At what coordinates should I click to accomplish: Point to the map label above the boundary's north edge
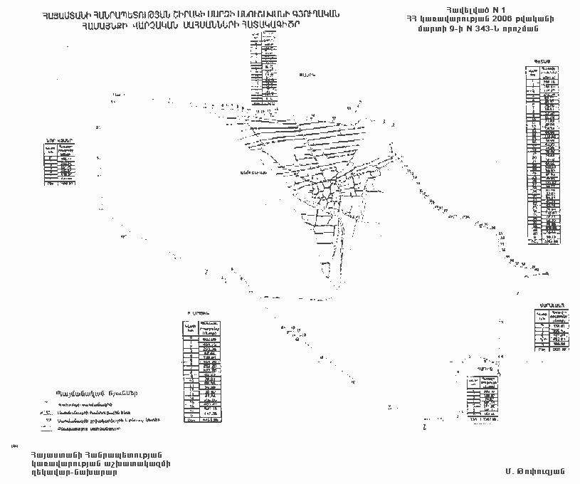[x=306, y=75]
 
